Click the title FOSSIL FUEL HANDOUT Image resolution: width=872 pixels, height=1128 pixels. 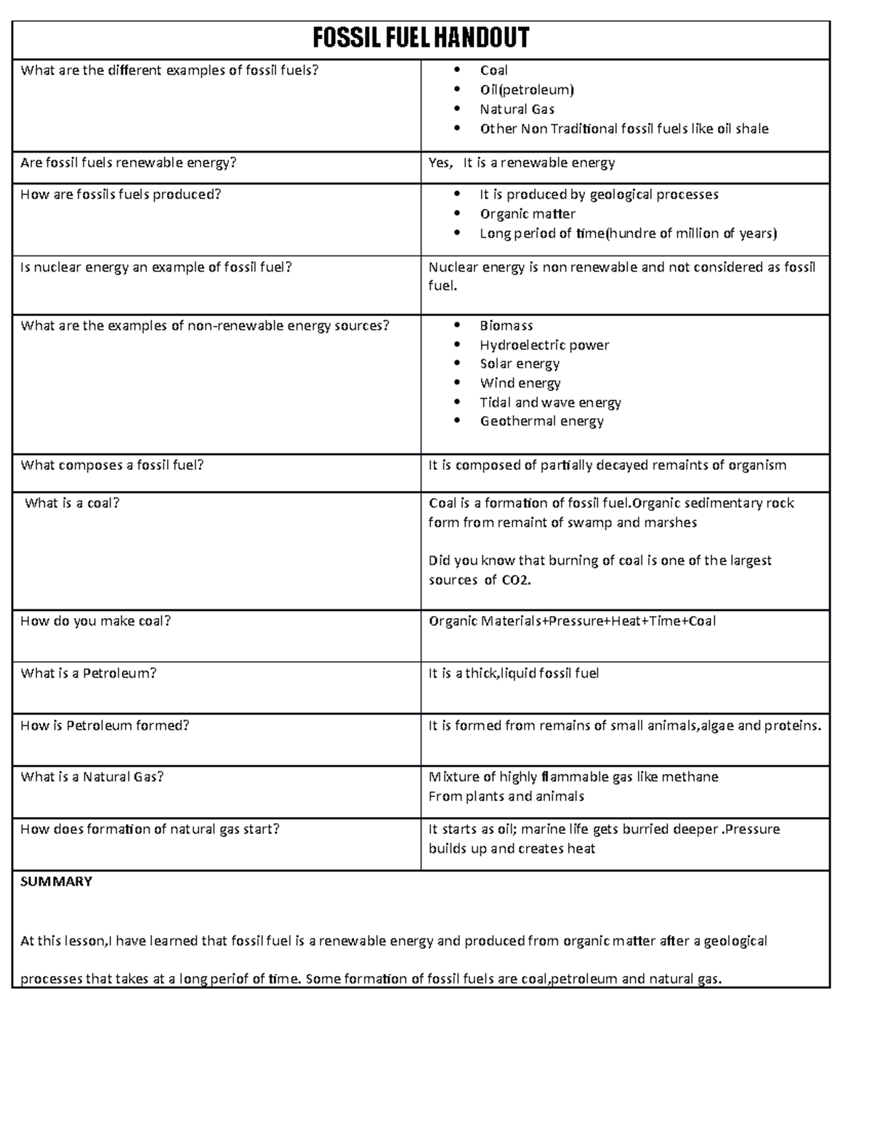(421, 38)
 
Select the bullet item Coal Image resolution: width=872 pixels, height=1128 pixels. (493, 70)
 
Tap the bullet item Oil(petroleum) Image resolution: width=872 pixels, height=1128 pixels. (527, 90)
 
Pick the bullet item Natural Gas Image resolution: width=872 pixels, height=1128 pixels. (517, 110)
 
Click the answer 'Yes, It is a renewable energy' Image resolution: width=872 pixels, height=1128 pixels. (522, 163)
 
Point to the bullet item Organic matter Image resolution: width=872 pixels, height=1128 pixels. (528, 214)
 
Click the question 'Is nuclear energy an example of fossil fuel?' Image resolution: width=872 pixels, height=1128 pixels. (156, 267)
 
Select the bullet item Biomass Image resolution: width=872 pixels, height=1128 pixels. (506, 325)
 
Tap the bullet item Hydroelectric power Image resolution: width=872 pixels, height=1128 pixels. (544, 345)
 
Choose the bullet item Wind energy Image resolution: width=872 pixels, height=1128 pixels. (520, 383)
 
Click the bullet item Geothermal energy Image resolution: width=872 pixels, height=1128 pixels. (541, 421)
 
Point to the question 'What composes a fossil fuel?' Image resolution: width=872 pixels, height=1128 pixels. (113, 465)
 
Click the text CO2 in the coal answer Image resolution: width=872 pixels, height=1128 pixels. (515, 580)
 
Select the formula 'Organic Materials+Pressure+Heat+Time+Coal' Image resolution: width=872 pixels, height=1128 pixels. (572, 621)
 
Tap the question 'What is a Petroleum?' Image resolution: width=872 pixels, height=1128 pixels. (89, 673)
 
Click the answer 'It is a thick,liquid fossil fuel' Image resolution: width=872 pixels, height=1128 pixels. (514, 673)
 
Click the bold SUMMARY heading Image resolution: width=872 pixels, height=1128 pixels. (57, 882)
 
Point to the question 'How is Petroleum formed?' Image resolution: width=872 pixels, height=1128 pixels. (105, 726)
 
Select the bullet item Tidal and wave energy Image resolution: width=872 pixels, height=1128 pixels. (550, 402)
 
